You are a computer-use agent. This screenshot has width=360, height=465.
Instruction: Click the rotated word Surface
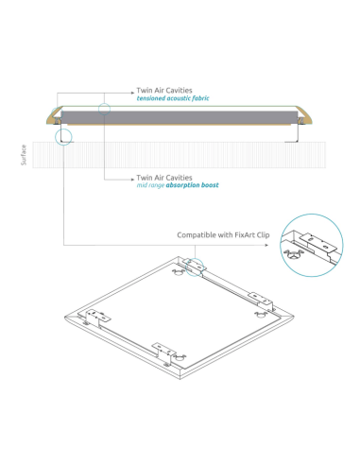tap(24, 155)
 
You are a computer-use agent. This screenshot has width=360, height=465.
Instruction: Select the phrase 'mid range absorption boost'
tap(177, 185)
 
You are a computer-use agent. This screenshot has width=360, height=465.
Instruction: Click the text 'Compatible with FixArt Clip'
tap(223, 234)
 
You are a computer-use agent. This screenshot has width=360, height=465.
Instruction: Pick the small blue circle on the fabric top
tap(104, 109)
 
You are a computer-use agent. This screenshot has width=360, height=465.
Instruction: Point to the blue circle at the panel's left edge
tap(63, 137)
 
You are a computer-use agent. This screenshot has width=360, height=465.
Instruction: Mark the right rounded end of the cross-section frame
tap(305, 116)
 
